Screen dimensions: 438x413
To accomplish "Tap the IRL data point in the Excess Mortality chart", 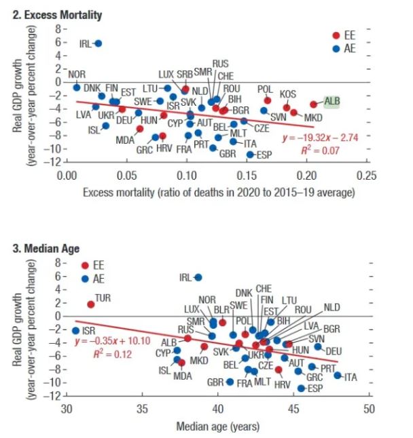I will pos(98,43).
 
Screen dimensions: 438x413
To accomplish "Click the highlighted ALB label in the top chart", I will pos(332,102).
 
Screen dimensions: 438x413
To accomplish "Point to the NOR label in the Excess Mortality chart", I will pos(77,74).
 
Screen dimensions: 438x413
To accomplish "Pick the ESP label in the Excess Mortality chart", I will pos(264,155).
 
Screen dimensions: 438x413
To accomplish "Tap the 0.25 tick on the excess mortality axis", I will pos(367,176).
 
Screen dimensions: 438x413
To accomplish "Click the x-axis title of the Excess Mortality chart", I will pos(219,193).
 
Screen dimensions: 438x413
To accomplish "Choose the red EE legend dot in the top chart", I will pos(336,35).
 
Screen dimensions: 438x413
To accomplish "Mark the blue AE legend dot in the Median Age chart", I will pos(84,278).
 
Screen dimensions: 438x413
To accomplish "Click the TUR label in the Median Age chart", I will pos(103,298).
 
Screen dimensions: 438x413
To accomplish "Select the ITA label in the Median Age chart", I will pos(351,377).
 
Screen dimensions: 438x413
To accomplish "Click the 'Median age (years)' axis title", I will pos(217,427).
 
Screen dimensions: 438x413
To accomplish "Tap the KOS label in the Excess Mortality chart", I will pos(288,94).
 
